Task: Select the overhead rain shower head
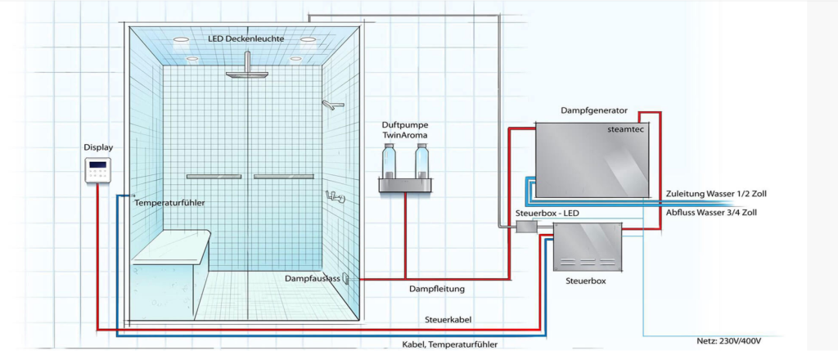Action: point(246,73)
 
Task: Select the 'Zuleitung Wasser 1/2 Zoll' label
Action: point(717,194)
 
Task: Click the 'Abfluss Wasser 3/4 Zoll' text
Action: point(714,212)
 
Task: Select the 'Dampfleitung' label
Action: point(437,288)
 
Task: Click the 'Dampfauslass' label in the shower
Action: point(312,279)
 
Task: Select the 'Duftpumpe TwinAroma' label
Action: point(405,129)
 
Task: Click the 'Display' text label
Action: point(98,147)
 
